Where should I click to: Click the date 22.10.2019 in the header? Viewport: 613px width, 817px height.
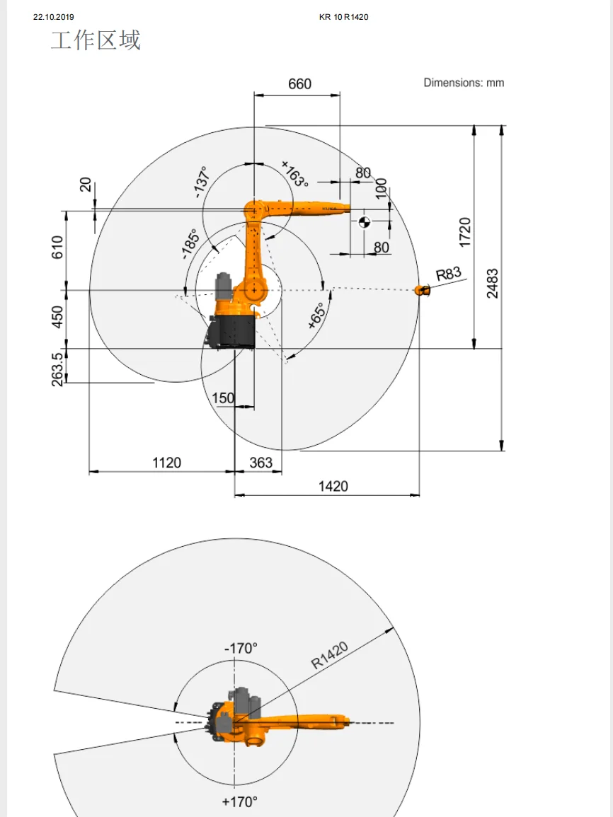tap(54, 17)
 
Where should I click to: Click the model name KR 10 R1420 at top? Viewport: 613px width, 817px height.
tap(344, 17)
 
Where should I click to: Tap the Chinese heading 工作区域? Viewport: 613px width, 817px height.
tap(96, 40)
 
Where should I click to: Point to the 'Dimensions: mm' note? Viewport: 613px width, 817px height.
tap(464, 83)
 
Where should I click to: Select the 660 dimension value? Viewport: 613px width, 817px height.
tap(299, 84)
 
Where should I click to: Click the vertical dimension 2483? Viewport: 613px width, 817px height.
tap(492, 283)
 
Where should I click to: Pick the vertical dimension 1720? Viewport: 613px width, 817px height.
tap(464, 232)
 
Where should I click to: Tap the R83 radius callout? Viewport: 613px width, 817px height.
tap(449, 274)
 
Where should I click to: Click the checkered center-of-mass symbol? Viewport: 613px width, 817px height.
tap(365, 221)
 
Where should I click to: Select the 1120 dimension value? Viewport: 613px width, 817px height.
tap(167, 463)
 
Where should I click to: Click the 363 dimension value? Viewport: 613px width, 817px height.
tap(261, 463)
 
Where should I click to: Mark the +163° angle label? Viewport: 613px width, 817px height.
tap(295, 174)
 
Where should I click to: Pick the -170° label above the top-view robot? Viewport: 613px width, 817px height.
tap(241, 648)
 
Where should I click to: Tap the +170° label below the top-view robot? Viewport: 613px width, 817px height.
tap(240, 801)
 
